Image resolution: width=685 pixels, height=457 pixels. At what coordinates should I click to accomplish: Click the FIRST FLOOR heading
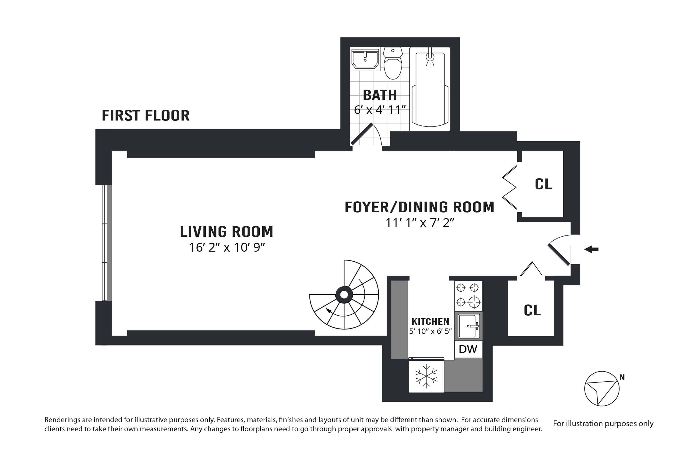click(x=146, y=116)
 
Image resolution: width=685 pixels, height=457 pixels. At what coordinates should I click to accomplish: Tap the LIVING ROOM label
click(x=227, y=232)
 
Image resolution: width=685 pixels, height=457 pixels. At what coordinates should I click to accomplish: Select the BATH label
click(x=380, y=95)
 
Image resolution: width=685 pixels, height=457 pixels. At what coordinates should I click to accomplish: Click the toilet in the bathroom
click(x=393, y=63)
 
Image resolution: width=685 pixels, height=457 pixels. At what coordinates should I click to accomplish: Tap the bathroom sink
click(x=365, y=59)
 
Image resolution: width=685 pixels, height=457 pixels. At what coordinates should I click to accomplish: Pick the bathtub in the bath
click(x=430, y=89)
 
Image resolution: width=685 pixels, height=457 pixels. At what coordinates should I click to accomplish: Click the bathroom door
click(x=362, y=134)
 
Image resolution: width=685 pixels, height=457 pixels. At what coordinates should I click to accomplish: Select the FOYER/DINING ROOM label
click(x=419, y=207)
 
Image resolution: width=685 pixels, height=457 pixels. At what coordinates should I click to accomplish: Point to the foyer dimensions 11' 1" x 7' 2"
click(x=420, y=223)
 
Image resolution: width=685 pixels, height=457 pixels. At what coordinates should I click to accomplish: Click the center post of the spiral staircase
click(x=344, y=295)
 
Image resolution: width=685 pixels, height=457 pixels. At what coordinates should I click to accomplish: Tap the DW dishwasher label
click(x=468, y=349)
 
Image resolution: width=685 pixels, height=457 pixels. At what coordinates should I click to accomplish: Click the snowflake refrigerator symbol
click(x=426, y=376)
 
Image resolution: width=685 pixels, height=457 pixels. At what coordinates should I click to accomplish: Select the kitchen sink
click(x=469, y=326)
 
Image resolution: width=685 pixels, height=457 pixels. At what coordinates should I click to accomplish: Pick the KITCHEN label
click(x=430, y=322)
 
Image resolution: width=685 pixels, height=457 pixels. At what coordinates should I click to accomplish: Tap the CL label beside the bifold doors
click(x=543, y=184)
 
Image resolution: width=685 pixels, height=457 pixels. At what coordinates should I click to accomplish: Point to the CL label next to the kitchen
click(x=532, y=310)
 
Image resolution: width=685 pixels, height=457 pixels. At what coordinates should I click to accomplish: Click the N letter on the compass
click(x=622, y=377)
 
